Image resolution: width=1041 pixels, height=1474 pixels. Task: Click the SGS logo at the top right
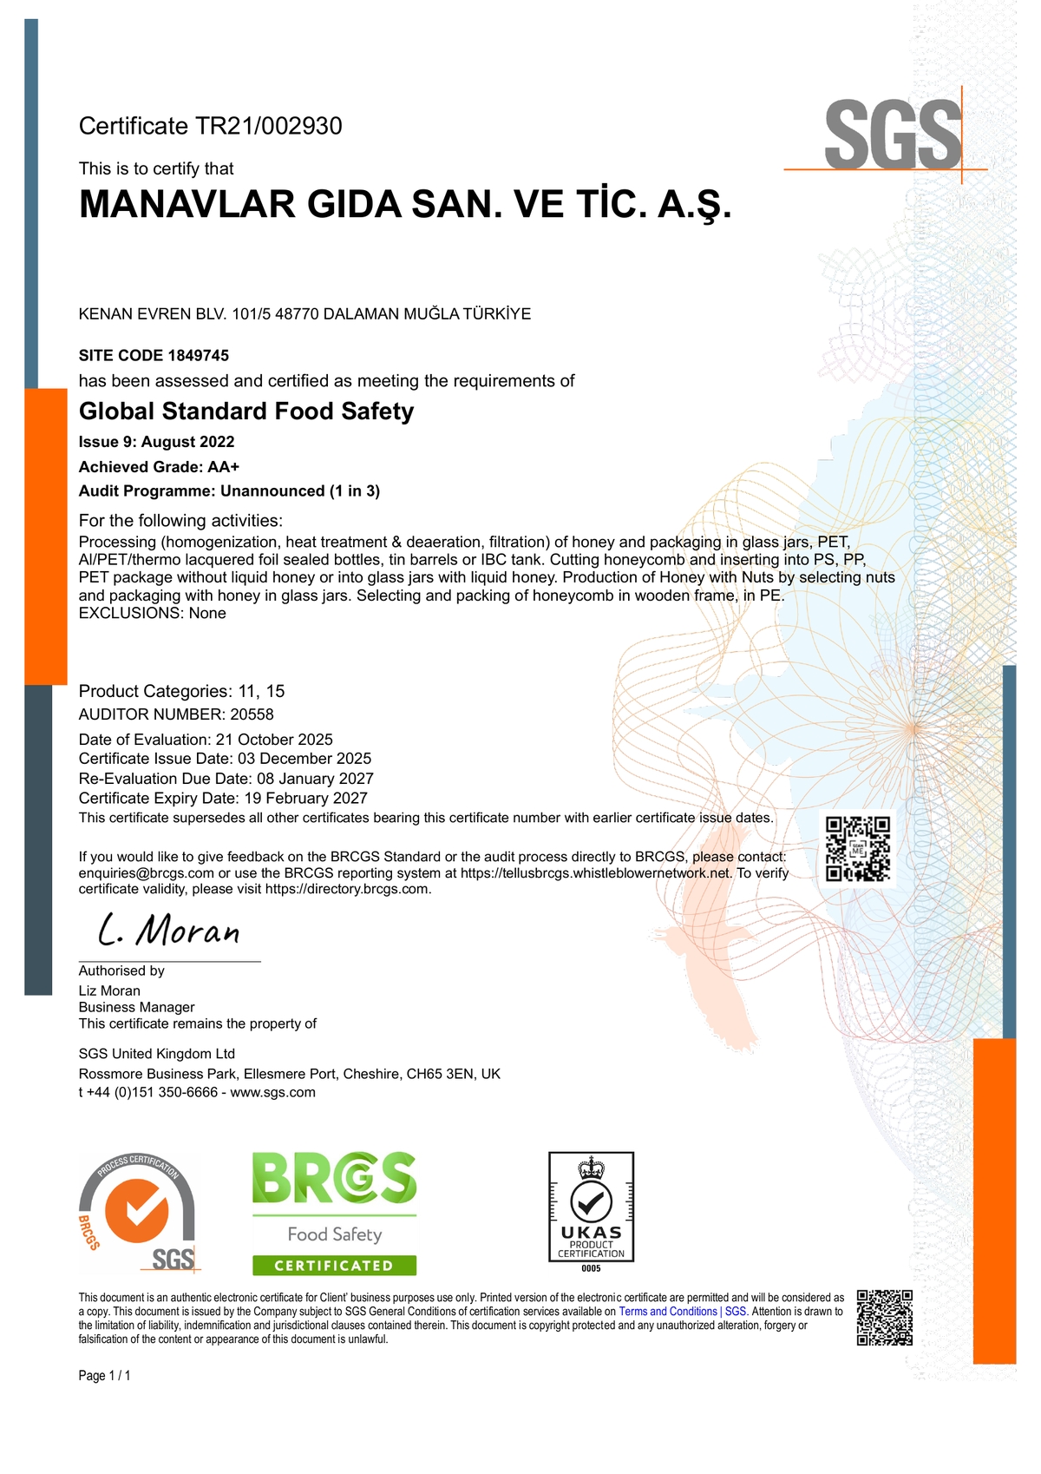point(893,135)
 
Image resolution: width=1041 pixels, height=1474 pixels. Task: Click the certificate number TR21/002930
point(269,127)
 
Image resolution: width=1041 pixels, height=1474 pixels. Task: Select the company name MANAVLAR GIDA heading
point(405,205)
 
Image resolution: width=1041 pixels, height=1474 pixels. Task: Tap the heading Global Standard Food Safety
point(246,411)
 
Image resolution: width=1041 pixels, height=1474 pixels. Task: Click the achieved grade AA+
point(223,467)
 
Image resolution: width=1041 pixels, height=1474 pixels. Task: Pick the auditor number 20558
point(252,714)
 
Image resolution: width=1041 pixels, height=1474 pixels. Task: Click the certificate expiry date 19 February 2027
point(304,798)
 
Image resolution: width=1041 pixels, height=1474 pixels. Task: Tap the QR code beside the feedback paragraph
point(857,848)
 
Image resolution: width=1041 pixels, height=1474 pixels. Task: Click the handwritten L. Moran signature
point(169,931)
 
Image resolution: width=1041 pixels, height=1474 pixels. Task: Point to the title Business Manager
point(137,1007)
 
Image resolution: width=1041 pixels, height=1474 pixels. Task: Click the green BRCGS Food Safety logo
point(334,1214)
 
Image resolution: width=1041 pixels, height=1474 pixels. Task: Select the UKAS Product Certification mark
point(591,1207)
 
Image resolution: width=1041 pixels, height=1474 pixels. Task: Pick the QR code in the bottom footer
point(885,1318)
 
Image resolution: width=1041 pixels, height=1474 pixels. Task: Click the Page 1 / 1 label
point(105,1376)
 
